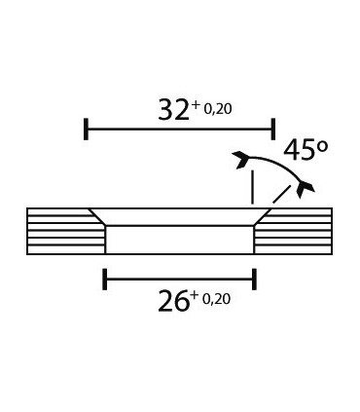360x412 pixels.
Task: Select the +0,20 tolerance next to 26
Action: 211,298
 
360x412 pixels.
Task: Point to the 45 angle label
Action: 298,150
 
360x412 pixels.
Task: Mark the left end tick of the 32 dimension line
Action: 87,129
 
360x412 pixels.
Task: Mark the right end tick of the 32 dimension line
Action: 273,129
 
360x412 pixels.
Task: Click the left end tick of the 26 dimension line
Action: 105,281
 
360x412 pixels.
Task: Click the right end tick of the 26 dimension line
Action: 254,281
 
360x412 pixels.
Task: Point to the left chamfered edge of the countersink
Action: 98,217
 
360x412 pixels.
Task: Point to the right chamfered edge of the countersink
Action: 261,217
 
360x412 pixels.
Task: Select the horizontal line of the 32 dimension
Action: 180,129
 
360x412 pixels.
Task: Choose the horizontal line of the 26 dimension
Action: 180,281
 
